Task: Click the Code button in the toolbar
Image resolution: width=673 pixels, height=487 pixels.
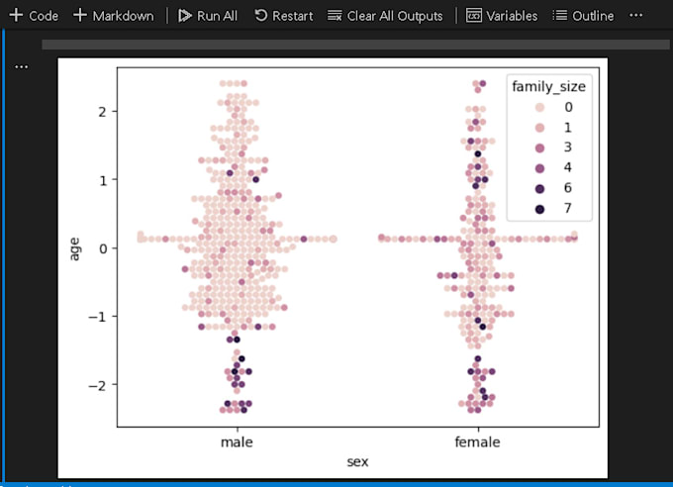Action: (34, 16)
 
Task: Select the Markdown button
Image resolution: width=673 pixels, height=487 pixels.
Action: (113, 16)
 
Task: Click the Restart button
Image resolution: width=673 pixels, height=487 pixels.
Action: (283, 16)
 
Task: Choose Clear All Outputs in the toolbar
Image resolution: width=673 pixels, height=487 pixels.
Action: (386, 16)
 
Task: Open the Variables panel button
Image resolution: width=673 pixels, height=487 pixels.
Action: (502, 16)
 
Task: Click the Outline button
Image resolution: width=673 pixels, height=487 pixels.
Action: (583, 16)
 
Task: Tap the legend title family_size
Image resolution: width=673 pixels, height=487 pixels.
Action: (548, 87)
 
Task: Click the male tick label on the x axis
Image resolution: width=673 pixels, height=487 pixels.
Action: (237, 442)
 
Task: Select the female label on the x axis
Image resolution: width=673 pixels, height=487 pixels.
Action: (477, 442)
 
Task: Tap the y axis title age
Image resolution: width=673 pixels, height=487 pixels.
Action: (75, 247)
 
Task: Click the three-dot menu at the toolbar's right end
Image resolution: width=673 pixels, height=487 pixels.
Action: (635, 16)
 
